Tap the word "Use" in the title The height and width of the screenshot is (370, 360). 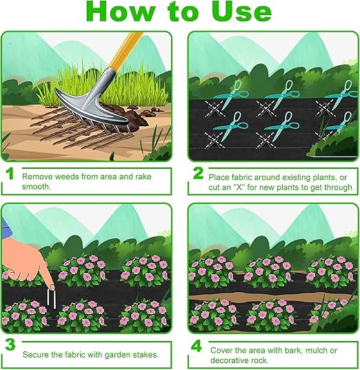[241, 12]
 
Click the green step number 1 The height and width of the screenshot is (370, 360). [10, 174]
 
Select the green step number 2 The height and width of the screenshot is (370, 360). [198, 173]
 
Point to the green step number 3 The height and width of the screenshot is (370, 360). [10, 345]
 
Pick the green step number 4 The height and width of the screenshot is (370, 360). [197, 346]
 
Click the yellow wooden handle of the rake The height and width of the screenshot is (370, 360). [125, 51]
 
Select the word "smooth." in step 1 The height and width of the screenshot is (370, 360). [37, 187]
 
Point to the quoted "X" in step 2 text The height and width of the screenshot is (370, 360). [239, 187]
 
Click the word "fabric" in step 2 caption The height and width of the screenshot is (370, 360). [241, 177]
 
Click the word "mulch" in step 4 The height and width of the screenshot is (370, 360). [316, 351]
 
